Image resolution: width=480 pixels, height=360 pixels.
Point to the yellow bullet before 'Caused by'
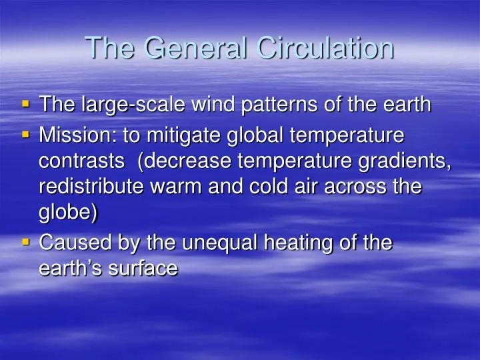(26, 242)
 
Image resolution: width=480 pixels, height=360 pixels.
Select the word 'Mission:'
(77, 135)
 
